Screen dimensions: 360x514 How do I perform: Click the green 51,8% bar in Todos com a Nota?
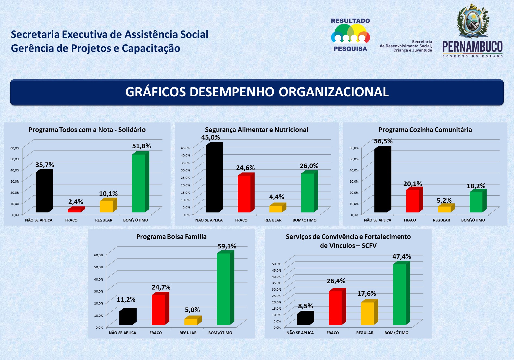[139, 183]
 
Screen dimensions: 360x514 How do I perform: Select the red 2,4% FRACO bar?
[75, 210]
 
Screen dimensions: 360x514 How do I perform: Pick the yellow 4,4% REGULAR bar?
[276, 209]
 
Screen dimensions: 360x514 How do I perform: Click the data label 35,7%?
[45, 165]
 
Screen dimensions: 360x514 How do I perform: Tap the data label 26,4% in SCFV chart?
[336, 281]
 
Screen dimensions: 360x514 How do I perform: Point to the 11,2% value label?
[126, 300]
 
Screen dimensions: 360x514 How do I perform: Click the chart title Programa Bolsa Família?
[171, 237]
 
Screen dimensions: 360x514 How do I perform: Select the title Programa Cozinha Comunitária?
[425, 130]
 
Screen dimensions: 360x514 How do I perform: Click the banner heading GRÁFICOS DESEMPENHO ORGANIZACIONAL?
[257, 92]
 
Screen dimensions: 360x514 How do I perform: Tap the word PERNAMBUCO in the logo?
[472, 47]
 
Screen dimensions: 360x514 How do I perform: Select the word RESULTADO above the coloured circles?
[350, 21]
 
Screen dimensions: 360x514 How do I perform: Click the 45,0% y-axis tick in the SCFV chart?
[276, 270]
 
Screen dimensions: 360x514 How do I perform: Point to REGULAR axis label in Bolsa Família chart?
[188, 333]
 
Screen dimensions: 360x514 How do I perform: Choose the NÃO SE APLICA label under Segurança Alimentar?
[209, 220]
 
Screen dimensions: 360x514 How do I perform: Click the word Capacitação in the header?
[151, 48]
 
